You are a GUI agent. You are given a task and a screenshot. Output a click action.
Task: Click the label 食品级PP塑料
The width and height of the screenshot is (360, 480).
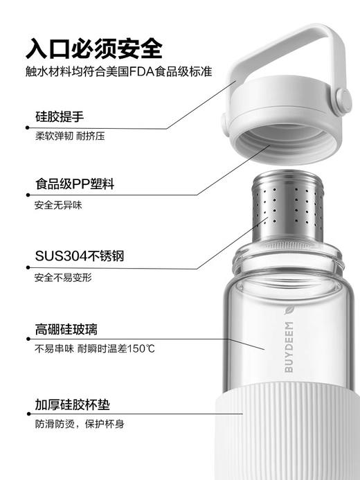[x=74, y=185]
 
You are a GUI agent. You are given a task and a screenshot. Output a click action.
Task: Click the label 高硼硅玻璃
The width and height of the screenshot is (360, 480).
[x=69, y=328]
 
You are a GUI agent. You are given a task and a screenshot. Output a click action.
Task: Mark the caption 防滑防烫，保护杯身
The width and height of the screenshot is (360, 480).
[x=79, y=423]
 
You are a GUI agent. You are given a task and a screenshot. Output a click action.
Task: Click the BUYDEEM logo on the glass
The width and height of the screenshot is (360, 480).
[x=289, y=346]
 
